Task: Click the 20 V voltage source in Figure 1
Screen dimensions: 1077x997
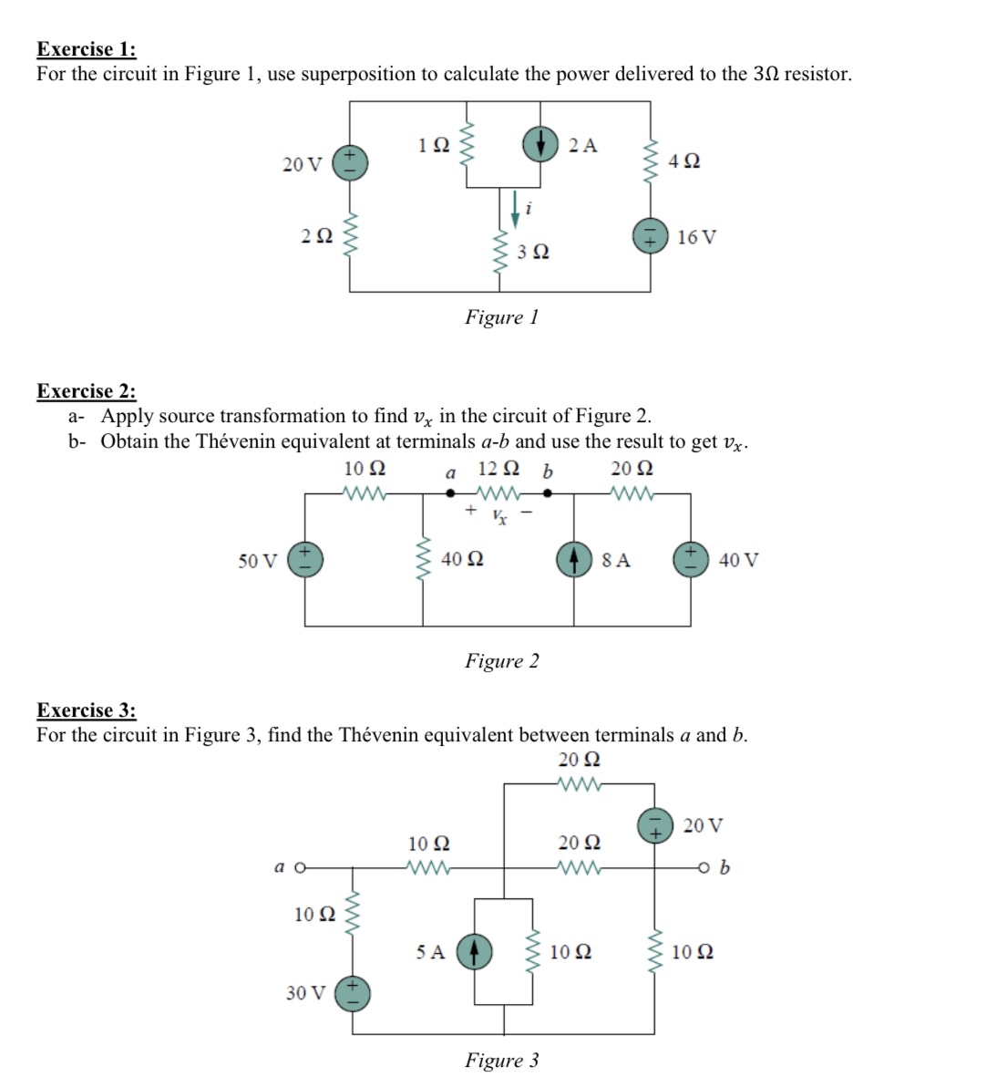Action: pos(349,163)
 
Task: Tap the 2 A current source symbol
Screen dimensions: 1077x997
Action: pos(540,143)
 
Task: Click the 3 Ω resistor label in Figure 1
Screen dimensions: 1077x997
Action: pos(533,252)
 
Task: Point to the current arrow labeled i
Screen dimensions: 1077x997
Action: pos(516,207)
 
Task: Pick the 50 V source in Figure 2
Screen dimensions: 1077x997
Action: pos(304,559)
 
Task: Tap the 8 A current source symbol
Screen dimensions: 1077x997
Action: pos(574,559)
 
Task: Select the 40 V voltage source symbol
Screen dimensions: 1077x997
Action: pos(689,559)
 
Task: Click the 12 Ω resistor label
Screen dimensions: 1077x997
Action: pos(498,471)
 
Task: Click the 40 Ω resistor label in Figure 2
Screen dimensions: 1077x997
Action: pos(462,559)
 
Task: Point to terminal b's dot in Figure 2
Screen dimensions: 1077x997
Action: pos(547,494)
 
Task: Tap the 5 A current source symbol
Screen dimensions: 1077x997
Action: pos(474,951)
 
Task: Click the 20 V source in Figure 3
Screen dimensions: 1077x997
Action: pos(653,825)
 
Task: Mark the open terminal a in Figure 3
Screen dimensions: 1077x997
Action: pos(297,866)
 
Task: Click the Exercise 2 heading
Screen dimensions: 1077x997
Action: pos(87,391)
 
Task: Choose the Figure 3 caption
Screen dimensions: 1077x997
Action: pos(501,1060)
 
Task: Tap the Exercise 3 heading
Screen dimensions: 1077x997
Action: pos(87,709)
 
